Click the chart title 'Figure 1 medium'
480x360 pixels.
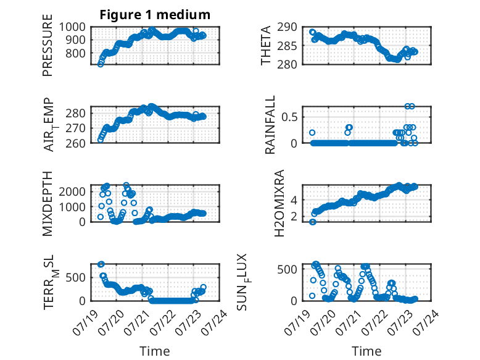coord(155,15)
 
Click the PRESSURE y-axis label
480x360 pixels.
coord(48,45)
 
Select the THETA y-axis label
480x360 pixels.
coord(266,45)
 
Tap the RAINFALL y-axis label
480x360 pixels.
coord(270,125)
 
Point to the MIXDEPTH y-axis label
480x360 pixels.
coord(48,204)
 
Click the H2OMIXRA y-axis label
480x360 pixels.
coord(279,203)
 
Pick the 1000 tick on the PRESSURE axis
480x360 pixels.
coord(72,27)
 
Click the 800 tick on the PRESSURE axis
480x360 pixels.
coord(75,53)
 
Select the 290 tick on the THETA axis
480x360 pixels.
coord(287,27)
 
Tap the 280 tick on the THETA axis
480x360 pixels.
coord(287,64)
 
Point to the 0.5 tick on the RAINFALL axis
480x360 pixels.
coord(289,117)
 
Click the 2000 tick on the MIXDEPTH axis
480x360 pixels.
coord(72,192)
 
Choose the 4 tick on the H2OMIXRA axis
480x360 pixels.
coord(294,200)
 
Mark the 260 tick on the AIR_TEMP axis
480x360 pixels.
coord(75,143)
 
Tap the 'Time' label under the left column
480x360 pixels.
coord(155,351)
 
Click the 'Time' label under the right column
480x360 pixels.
coord(366,351)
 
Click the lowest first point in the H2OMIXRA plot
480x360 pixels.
coord(313,222)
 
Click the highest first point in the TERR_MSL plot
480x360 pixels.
coord(101,264)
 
